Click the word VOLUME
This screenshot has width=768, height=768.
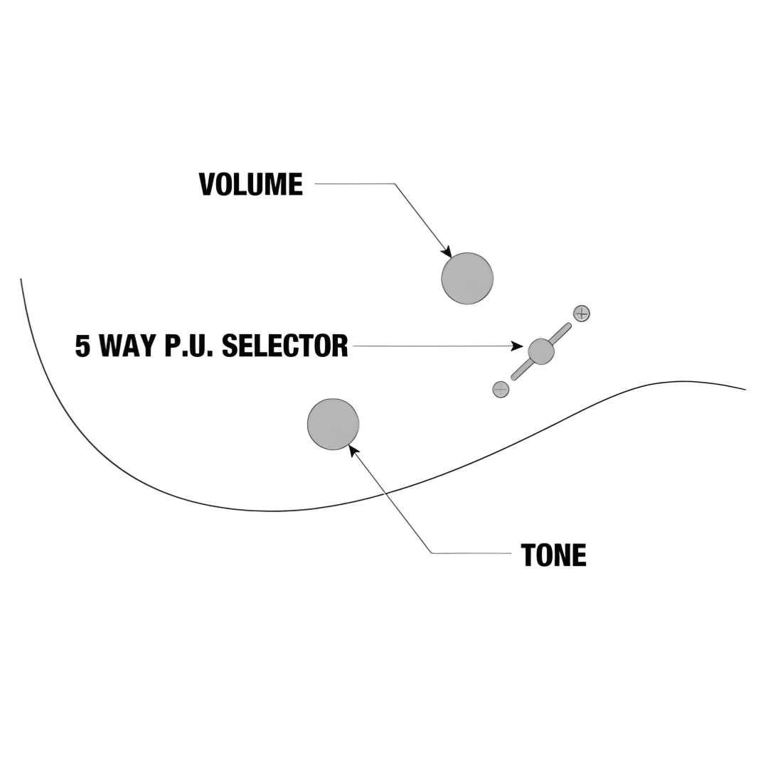[x=250, y=185]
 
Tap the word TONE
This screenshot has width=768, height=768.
[x=553, y=555]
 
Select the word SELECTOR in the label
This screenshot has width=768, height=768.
[x=284, y=346]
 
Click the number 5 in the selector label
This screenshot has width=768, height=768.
[x=83, y=346]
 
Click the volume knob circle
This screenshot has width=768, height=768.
[x=467, y=278]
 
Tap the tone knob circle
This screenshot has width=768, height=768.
[x=333, y=424]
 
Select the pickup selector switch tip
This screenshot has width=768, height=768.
[x=541, y=351]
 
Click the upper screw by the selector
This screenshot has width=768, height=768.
[x=582, y=313]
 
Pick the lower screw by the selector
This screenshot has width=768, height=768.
[x=501, y=389]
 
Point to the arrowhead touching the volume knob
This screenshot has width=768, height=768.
[x=447, y=252]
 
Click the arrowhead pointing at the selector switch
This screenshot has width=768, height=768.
[x=518, y=346]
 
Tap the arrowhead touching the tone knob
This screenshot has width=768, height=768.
[x=353, y=449]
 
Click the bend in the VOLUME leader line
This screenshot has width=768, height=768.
[x=395, y=184]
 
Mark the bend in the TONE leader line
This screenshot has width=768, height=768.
[x=432, y=553]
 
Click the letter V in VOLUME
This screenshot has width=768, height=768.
[x=207, y=185]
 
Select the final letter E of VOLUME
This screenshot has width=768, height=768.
[x=295, y=185]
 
